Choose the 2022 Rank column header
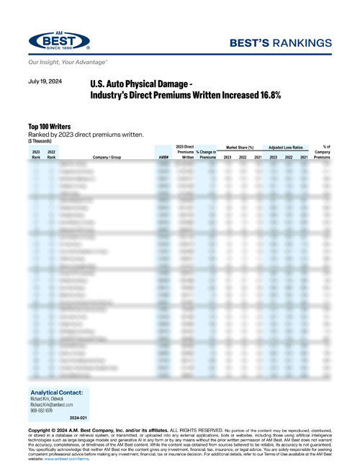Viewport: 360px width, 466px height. pyautogui.click(x=51, y=154)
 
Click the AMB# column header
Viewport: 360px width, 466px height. pyautogui.click(x=163, y=157)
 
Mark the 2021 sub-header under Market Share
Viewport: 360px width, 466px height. pyautogui.click(x=258, y=157)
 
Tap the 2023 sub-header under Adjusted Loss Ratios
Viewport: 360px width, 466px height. pyautogui.click(x=273, y=157)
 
